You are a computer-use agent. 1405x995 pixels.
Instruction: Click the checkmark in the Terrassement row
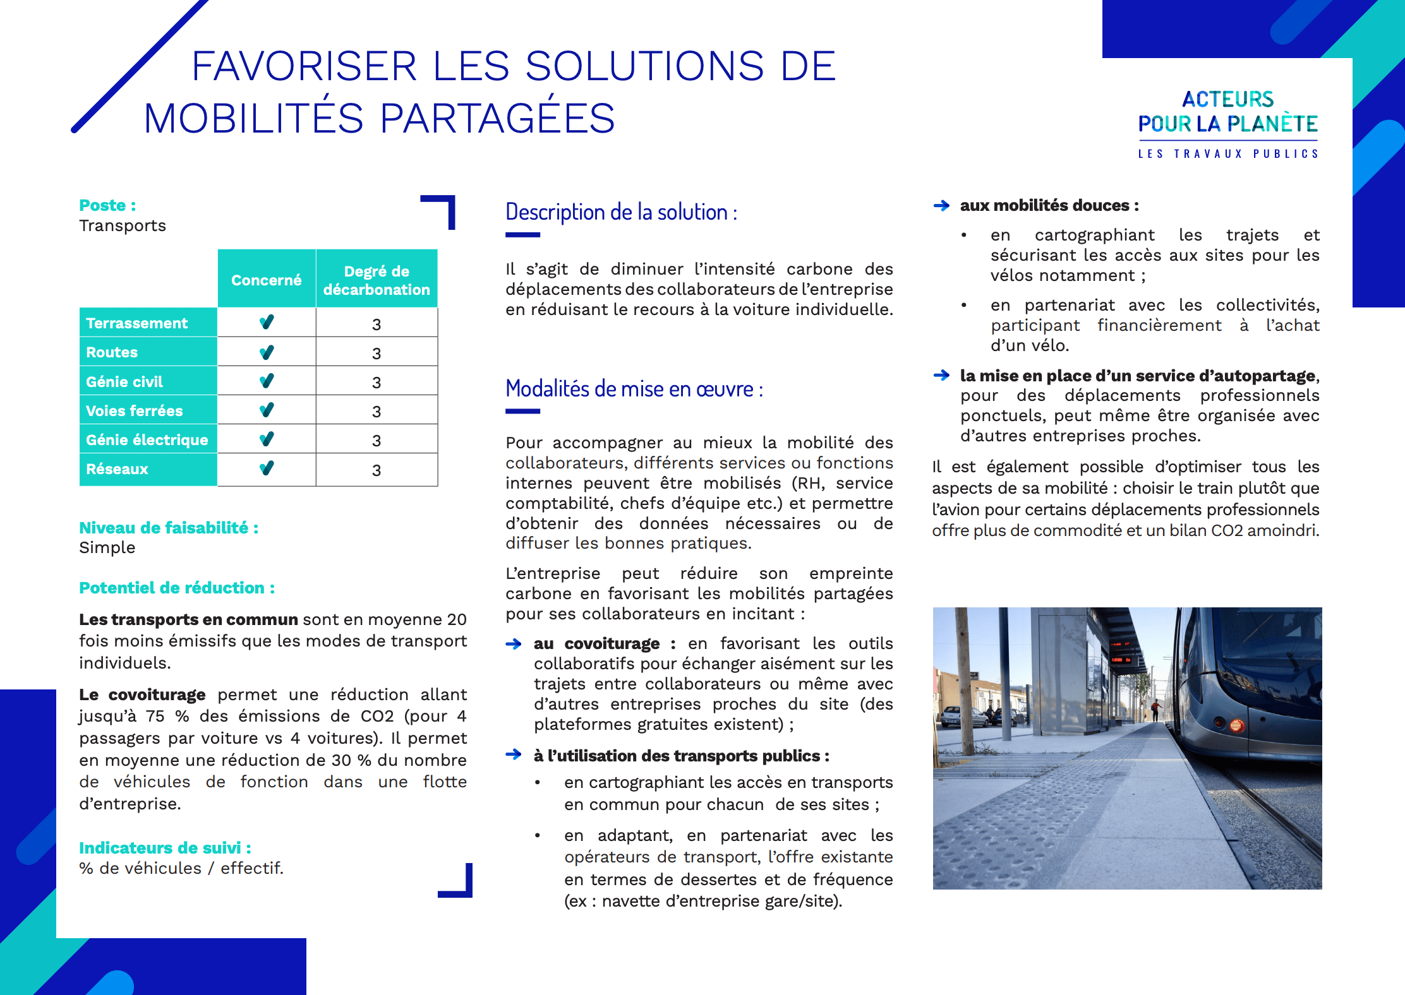(x=267, y=322)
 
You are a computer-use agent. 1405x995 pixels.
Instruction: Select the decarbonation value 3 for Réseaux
(x=377, y=470)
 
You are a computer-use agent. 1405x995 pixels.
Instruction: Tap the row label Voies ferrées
(x=134, y=411)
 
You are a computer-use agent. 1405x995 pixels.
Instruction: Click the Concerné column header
(x=266, y=280)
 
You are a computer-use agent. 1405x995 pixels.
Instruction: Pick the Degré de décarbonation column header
(x=377, y=280)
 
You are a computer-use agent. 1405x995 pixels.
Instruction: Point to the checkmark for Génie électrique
(x=267, y=439)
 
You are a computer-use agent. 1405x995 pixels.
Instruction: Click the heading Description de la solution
(x=621, y=212)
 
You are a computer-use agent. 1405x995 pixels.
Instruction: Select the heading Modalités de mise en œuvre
(x=634, y=389)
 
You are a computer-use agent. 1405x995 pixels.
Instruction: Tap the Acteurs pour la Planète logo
(x=1227, y=124)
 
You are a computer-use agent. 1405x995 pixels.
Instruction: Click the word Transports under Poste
(x=123, y=226)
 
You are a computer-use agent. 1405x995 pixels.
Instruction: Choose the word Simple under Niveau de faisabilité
(x=107, y=547)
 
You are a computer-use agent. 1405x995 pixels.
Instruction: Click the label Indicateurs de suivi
(x=165, y=847)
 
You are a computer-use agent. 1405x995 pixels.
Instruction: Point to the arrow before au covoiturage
(x=514, y=644)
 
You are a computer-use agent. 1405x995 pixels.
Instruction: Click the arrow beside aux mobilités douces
(x=941, y=206)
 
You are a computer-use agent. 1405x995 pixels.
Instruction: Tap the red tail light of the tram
(x=1236, y=725)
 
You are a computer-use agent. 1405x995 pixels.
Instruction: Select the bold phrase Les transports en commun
(x=188, y=619)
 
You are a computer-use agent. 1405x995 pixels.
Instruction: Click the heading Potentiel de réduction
(x=176, y=588)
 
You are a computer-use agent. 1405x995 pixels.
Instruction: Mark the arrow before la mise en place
(x=941, y=376)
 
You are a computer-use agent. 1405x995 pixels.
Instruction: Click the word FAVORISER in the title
(x=304, y=66)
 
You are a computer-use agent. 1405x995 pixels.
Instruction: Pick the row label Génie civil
(x=124, y=382)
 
